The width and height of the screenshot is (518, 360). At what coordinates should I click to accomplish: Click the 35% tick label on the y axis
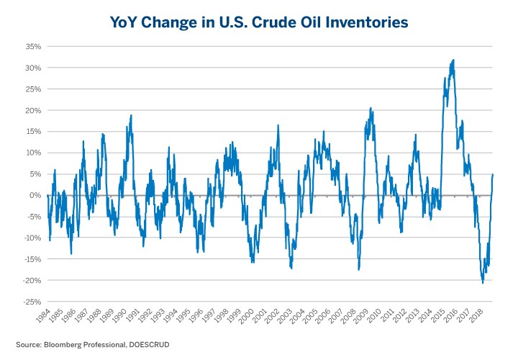pyautogui.click(x=32, y=46)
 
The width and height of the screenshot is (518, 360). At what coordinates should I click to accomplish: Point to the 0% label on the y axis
pyautogui.click(x=34, y=195)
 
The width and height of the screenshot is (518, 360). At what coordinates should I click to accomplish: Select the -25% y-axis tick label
pyautogui.click(x=31, y=302)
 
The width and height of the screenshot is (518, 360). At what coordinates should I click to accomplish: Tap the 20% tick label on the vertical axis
pyautogui.click(x=32, y=110)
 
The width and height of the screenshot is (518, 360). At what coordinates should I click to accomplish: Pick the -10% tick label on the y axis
pyautogui.click(x=31, y=238)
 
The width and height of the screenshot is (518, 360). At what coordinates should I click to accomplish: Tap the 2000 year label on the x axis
pyautogui.click(x=246, y=315)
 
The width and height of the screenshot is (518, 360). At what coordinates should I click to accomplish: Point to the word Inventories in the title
pyautogui.click(x=365, y=23)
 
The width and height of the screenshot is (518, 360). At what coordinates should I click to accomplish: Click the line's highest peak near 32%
pyautogui.click(x=453, y=60)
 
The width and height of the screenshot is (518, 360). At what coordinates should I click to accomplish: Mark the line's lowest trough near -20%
pyautogui.click(x=482, y=283)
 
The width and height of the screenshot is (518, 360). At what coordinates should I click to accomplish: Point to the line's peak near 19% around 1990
pyautogui.click(x=131, y=115)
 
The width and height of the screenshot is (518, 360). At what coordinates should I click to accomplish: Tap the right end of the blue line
pyautogui.click(x=493, y=174)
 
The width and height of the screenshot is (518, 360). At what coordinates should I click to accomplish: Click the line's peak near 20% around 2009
pyautogui.click(x=371, y=108)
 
